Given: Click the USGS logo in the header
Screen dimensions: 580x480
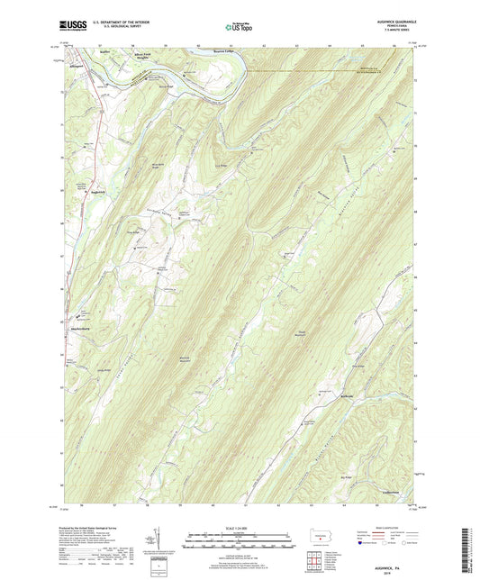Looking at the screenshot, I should [x=74, y=25].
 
